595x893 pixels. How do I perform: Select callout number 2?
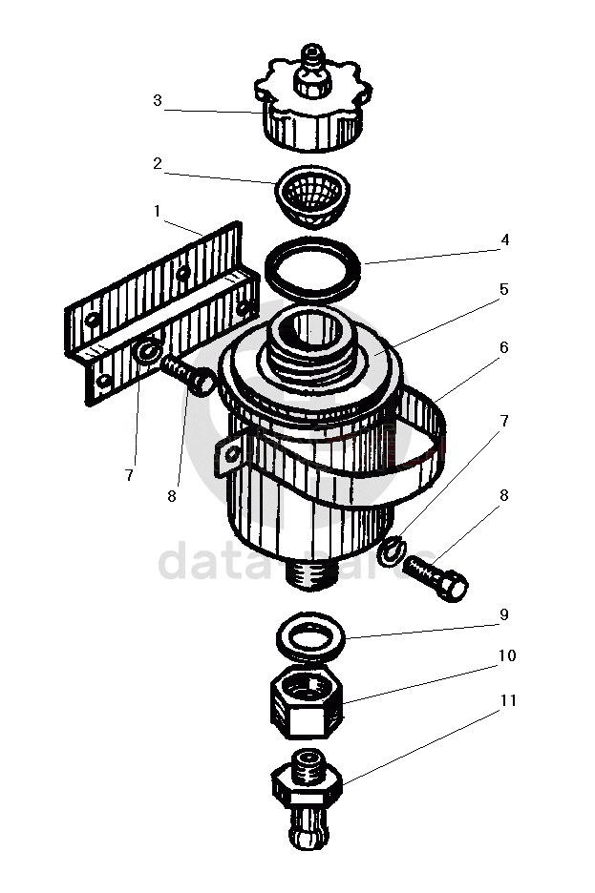[158, 163]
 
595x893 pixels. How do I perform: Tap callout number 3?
[158, 100]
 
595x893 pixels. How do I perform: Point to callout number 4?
[505, 240]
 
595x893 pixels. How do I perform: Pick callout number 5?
[503, 289]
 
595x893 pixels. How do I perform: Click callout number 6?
[503, 347]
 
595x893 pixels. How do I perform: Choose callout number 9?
[503, 615]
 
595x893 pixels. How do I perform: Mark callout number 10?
[506, 656]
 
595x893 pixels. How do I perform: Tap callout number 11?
[507, 701]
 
